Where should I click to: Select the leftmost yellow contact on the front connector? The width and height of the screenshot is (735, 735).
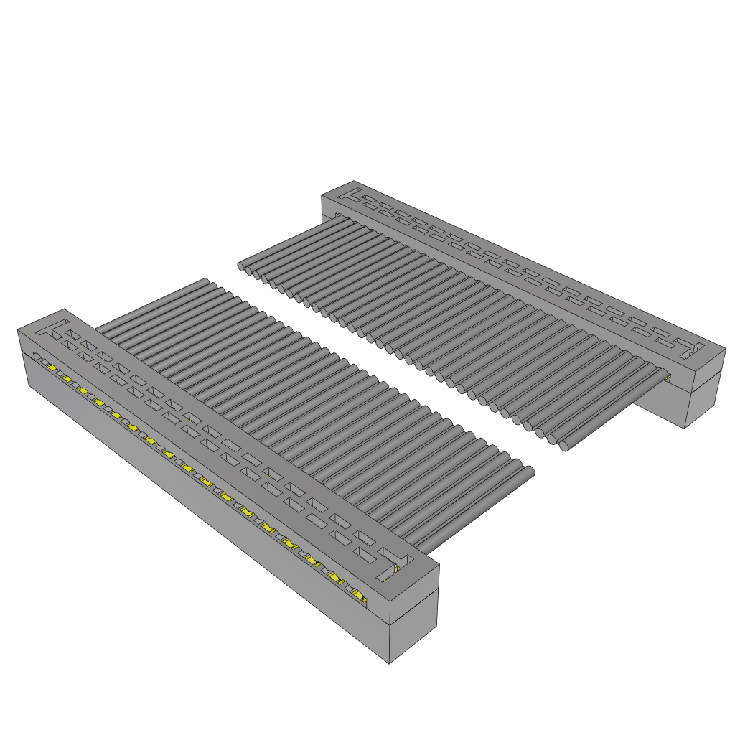coord(52,367)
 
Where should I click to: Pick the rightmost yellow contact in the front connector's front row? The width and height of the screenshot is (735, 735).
coord(359,595)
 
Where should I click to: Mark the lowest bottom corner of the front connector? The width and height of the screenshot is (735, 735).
coord(389,663)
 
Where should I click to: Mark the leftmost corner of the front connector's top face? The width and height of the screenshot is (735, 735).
coord(19,329)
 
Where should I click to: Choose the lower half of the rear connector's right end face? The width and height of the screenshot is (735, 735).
coord(703,406)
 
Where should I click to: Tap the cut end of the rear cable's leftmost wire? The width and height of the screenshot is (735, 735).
coord(242,267)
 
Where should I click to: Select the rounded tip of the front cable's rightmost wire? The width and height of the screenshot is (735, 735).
coord(530,472)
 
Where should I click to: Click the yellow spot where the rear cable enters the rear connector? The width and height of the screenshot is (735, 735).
coord(667,376)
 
